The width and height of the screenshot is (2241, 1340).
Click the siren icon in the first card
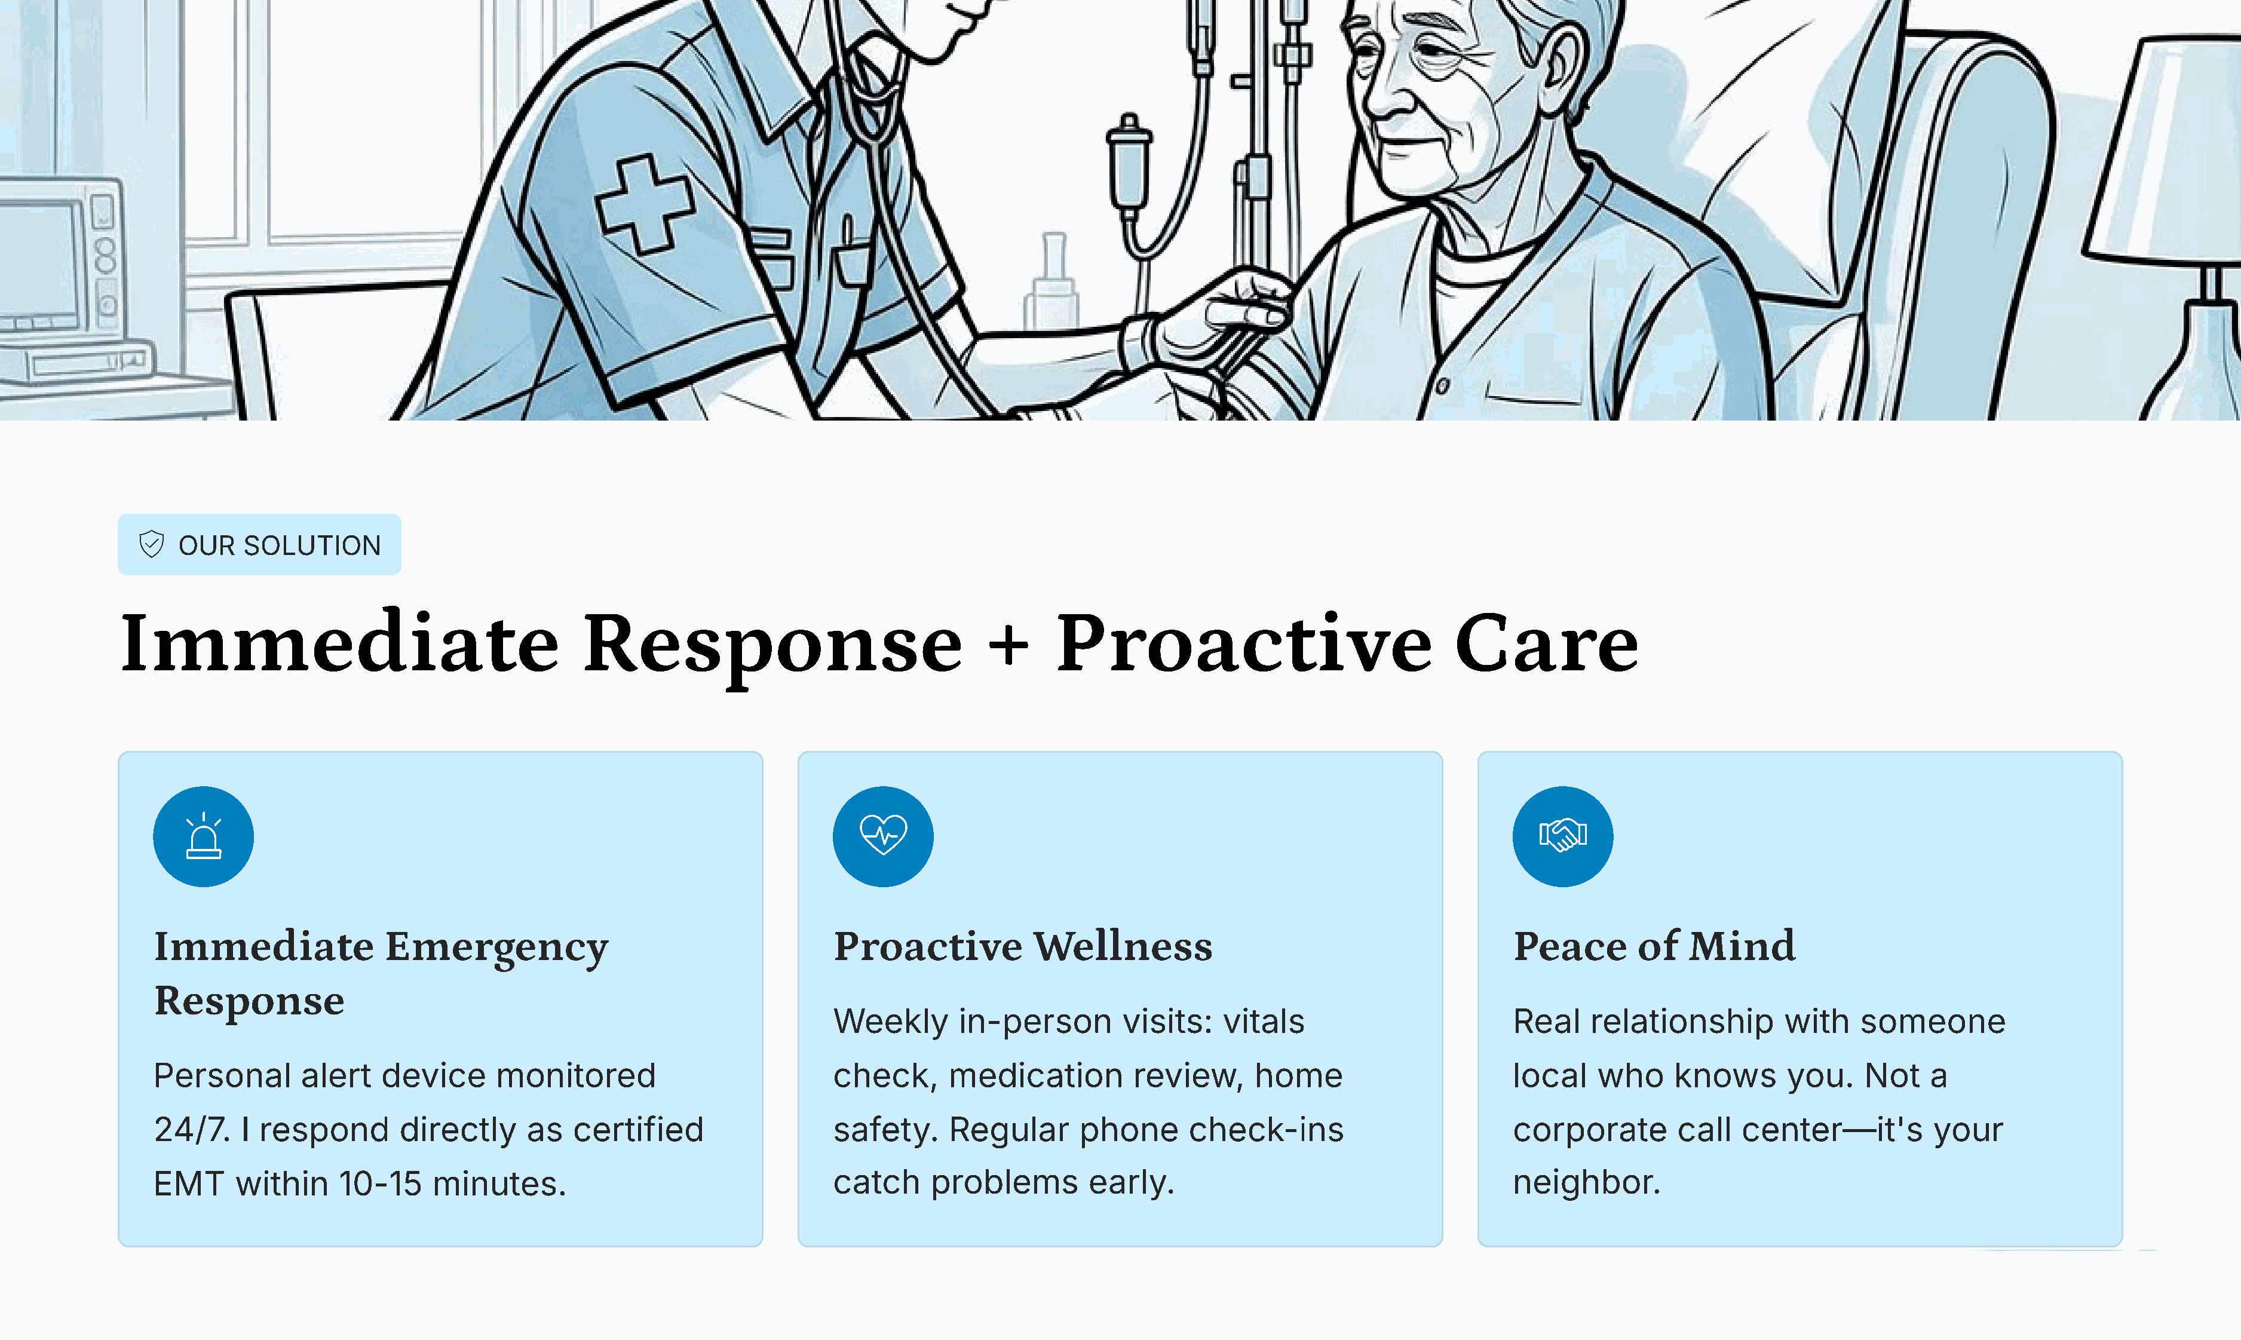(203, 836)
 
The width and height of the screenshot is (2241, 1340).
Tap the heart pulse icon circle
(883, 836)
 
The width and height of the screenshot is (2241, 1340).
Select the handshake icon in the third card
(1563, 835)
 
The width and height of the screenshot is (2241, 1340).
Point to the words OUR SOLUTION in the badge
(280, 545)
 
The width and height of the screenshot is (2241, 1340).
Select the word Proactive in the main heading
(1243, 643)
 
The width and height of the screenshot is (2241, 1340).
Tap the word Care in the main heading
(1547, 643)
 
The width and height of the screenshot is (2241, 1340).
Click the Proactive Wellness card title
(1023, 946)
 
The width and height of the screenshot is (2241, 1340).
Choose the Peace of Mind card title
(1654, 946)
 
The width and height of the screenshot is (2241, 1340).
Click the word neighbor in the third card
(1586, 1182)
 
